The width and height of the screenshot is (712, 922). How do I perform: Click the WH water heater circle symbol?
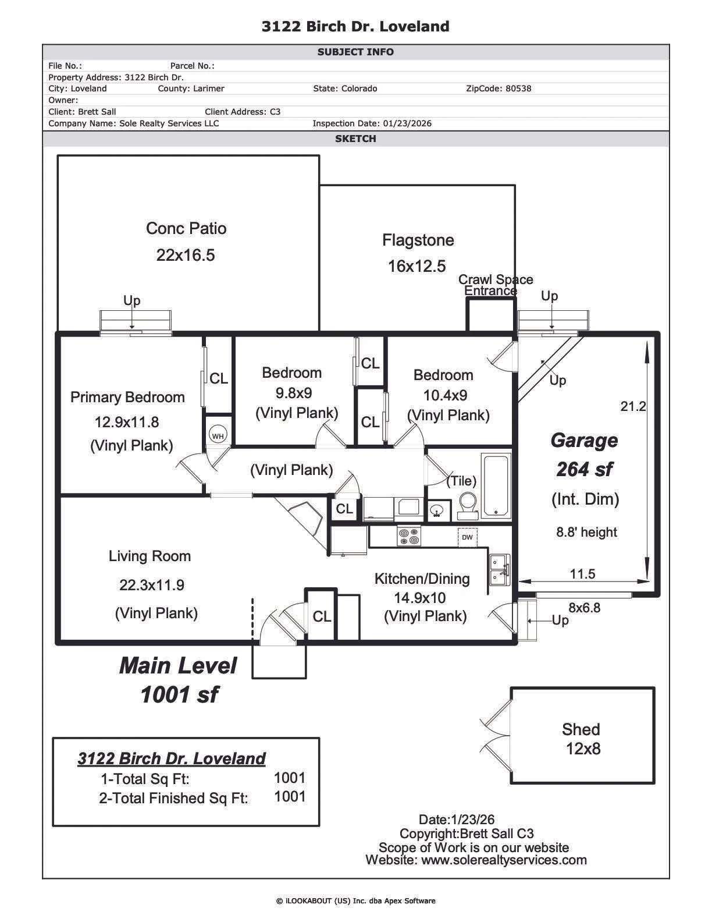(x=218, y=435)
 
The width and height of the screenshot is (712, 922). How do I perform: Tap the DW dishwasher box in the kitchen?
(x=467, y=537)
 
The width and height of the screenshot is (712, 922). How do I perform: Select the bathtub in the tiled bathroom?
(x=496, y=485)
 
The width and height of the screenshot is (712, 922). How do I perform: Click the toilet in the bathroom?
(x=467, y=506)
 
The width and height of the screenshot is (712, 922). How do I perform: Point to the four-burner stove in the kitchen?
(x=408, y=536)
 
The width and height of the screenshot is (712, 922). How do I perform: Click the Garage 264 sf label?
(x=584, y=454)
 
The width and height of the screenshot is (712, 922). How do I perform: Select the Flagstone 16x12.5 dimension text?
(x=416, y=266)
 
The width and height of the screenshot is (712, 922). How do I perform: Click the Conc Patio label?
(x=186, y=228)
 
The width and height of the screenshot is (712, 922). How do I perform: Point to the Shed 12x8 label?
(x=581, y=738)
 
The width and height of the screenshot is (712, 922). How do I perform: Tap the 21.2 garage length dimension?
(x=632, y=406)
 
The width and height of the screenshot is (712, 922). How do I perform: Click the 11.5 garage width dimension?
(x=582, y=574)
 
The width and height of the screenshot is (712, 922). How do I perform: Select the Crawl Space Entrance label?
(x=495, y=285)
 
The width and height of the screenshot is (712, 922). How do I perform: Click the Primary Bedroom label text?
(x=127, y=397)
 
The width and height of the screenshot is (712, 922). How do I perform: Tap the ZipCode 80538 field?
(x=498, y=88)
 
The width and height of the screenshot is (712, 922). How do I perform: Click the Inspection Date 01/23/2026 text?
(x=372, y=123)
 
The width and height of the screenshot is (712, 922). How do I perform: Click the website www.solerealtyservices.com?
(x=476, y=860)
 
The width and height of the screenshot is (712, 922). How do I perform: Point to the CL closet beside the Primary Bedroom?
(x=219, y=378)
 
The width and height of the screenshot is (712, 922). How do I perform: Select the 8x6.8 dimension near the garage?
(x=584, y=608)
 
